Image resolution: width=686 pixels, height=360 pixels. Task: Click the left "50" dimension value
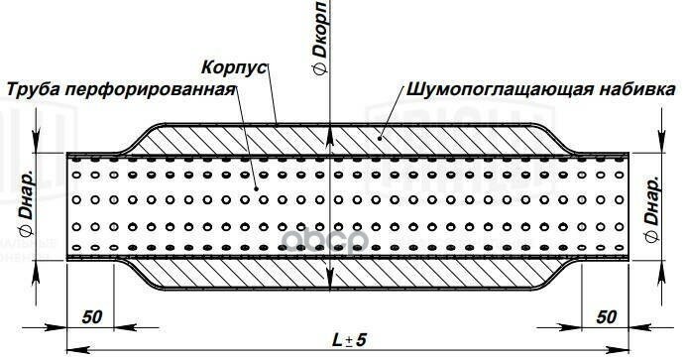[92, 318]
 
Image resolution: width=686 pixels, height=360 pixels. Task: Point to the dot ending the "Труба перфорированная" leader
[256, 186]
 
